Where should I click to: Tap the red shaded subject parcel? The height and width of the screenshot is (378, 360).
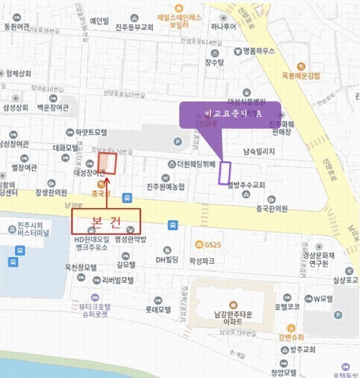tap(108, 163)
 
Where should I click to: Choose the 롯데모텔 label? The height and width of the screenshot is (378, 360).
tap(158, 309)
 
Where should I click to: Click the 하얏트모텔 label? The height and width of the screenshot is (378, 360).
tap(91, 132)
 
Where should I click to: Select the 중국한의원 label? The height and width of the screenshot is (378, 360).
tap(272, 209)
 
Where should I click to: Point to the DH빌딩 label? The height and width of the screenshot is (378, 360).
tap(168, 260)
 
